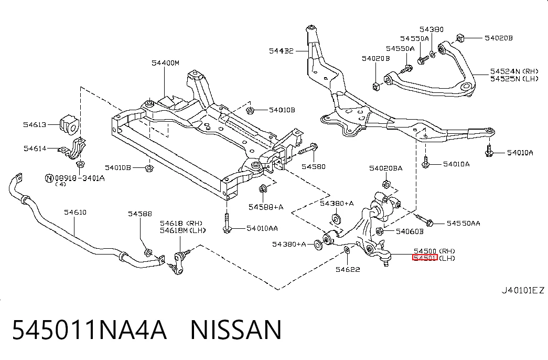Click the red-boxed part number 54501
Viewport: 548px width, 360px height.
pos(425,258)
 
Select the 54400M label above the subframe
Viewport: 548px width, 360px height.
pos(165,63)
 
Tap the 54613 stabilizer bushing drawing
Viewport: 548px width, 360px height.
pos(70,124)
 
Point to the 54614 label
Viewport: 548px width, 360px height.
pos(35,149)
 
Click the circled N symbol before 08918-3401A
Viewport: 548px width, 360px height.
pos(49,178)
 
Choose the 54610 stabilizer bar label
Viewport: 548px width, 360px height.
pos(75,212)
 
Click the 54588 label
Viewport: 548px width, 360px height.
pos(140,214)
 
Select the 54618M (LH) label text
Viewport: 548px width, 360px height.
pos(182,230)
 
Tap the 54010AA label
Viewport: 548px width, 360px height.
pos(262,228)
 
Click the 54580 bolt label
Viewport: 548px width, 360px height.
pos(314,166)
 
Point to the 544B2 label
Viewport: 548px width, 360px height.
pos(281,51)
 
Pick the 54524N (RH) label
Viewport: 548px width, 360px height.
pos(514,71)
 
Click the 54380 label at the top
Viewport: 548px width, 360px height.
pos(432,29)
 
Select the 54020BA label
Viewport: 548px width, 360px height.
pos(386,168)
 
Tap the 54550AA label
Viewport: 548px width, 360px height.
pos(464,223)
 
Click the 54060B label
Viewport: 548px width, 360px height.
pos(410,231)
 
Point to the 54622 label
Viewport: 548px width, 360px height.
pos(348,269)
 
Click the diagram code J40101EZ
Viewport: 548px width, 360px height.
pos(523,290)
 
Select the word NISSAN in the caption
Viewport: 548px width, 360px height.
pos(236,330)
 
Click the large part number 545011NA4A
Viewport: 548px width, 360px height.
pos(90,330)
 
